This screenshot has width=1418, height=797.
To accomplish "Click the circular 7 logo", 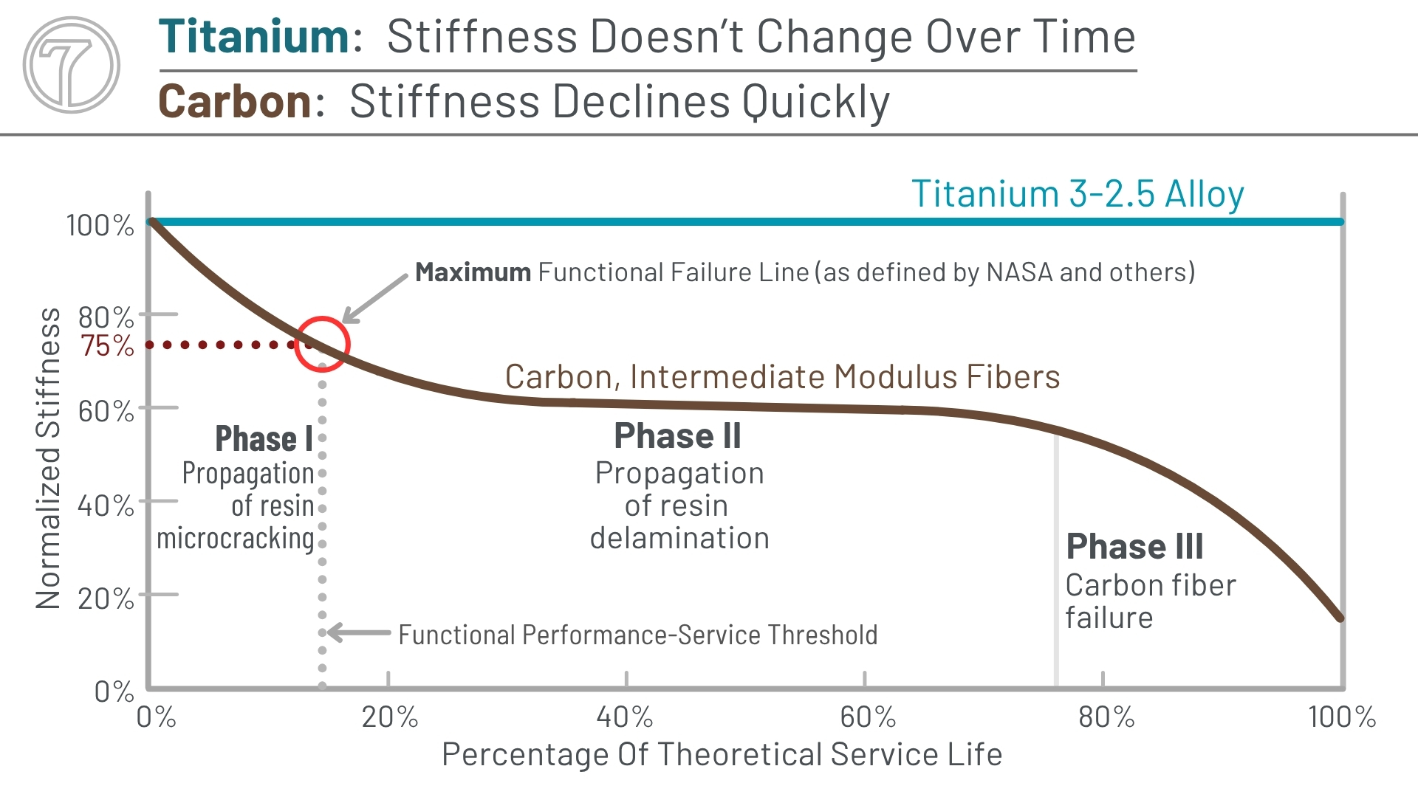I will click(x=71, y=65).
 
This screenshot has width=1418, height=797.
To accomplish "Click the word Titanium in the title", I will click(x=253, y=37).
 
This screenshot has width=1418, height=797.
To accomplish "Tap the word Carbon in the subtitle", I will click(x=235, y=101).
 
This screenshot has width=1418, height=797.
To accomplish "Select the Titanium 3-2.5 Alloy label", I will click(x=1078, y=194).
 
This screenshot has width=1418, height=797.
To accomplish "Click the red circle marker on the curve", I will click(x=322, y=344).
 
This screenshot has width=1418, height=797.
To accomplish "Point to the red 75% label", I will click(x=108, y=345).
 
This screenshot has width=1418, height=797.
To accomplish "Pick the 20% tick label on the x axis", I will click(x=389, y=717).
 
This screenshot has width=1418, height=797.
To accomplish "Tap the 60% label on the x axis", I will click(x=867, y=717).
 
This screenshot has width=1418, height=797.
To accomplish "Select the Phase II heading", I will click(x=677, y=435).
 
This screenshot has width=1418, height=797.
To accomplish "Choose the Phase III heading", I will click(x=1134, y=547).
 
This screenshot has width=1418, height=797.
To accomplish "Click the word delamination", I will click(x=679, y=538).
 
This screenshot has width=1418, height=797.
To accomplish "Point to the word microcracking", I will click(x=236, y=539).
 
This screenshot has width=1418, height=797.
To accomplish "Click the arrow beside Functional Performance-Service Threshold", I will click(x=359, y=632).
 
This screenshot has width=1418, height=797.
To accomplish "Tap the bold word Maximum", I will click(x=473, y=272).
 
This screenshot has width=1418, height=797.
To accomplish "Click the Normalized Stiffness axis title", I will click(x=48, y=458).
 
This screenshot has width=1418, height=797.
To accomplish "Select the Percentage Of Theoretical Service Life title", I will click(x=722, y=754).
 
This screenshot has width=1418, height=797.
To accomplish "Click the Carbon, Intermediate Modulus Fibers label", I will click(x=782, y=377).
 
